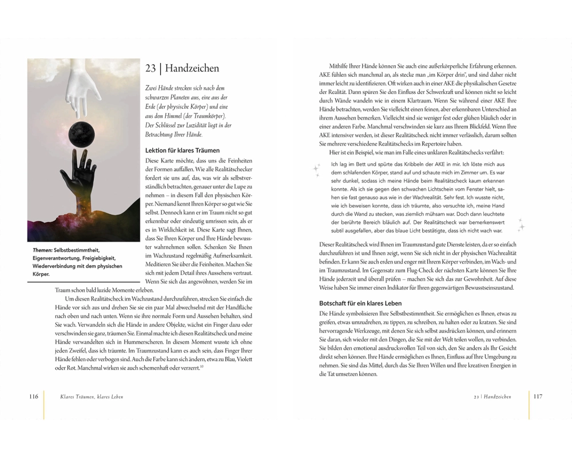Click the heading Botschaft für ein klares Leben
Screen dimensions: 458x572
[x=360, y=303]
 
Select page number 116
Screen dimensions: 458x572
[x=33, y=396]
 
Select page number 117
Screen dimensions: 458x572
[x=538, y=396]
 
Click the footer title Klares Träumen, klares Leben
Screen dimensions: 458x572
[x=91, y=396]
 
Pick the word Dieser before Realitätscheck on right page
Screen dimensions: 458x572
[x=329, y=244]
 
